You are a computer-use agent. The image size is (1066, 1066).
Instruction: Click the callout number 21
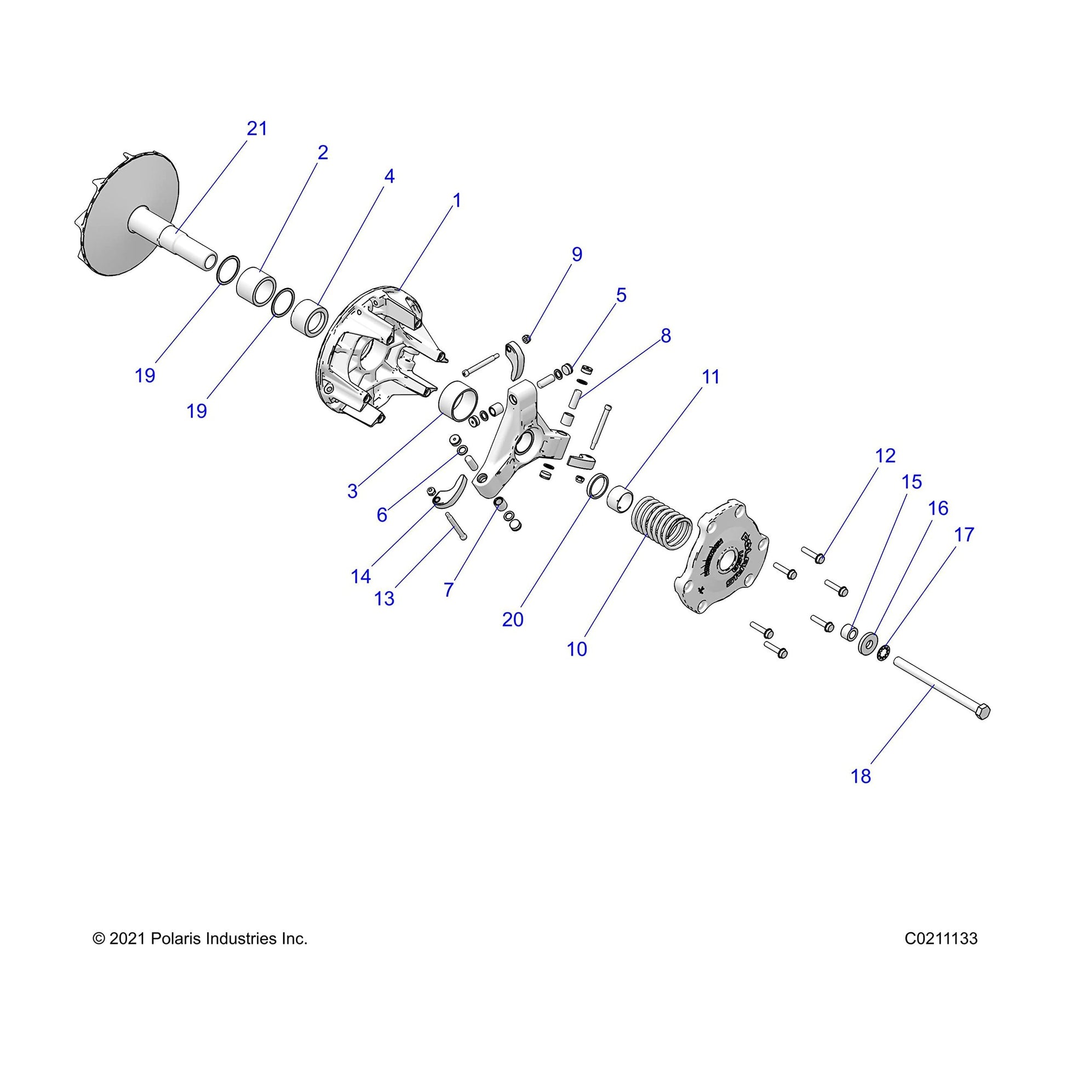(x=256, y=129)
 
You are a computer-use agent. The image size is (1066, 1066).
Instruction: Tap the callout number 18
(x=861, y=776)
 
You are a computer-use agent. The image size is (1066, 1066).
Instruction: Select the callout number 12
(x=885, y=456)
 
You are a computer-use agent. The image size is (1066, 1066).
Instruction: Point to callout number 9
(x=577, y=254)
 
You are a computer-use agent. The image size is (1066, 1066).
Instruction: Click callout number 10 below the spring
(x=577, y=650)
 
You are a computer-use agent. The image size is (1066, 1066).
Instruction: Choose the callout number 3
(x=353, y=490)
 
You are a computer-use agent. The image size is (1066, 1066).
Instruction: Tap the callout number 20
(x=513, y=620)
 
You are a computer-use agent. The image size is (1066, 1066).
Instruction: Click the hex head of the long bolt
(x=982, y=712)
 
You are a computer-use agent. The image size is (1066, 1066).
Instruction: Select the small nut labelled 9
(x=526, y=338)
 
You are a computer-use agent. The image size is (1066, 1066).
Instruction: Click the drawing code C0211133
(x=941, y=938)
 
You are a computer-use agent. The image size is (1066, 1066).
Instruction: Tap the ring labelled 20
(x=599, y=485)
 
